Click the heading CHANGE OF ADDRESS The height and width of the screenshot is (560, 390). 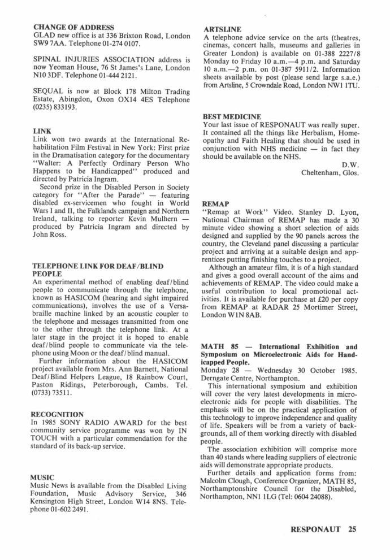coord(74,27)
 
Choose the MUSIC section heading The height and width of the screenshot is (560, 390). coord(43,477)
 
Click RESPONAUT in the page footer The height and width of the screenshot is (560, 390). coord(315,530)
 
